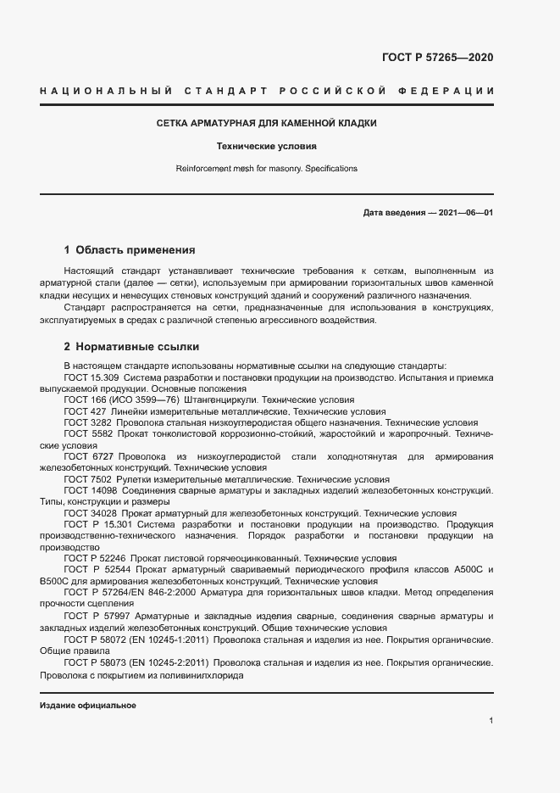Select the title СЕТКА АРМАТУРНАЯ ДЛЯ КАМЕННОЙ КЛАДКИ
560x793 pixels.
tap(267, 124)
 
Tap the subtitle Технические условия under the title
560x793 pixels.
tap(267, 146)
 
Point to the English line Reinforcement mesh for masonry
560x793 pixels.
tap(266, 169)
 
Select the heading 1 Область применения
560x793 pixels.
tap(130, 250)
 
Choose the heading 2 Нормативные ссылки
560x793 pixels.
tap(131, 347)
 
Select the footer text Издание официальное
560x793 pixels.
tap(87, 706)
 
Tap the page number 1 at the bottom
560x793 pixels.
tap(491, 721)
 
